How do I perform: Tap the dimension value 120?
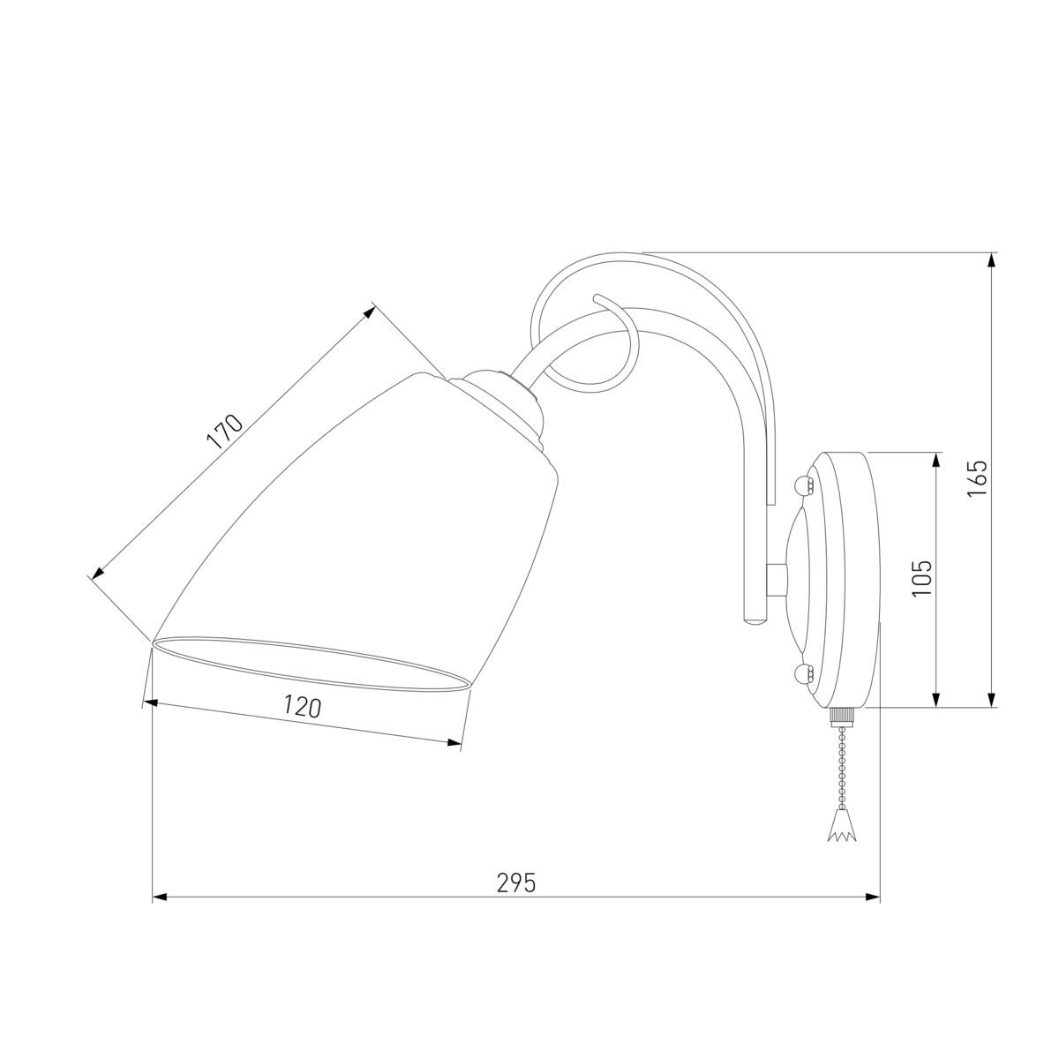302,707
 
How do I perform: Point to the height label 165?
978,477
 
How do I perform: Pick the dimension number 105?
921,577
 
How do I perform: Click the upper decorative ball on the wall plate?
802,484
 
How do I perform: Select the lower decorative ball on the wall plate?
802,672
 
